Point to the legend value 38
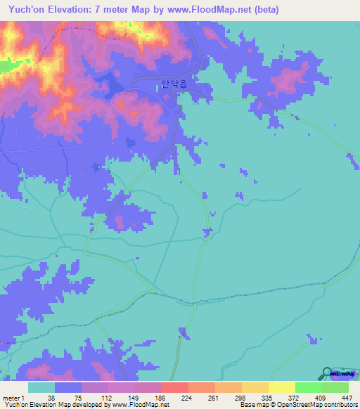click(x=51, y=397)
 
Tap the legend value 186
click(x=159, y=397)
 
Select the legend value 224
click(x=186, y=397)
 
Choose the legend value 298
click(x=240, y=397)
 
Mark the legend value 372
click(x=295, y=397)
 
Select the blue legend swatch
click(x=68, y=387)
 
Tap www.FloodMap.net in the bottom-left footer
click(x=144, y=405)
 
